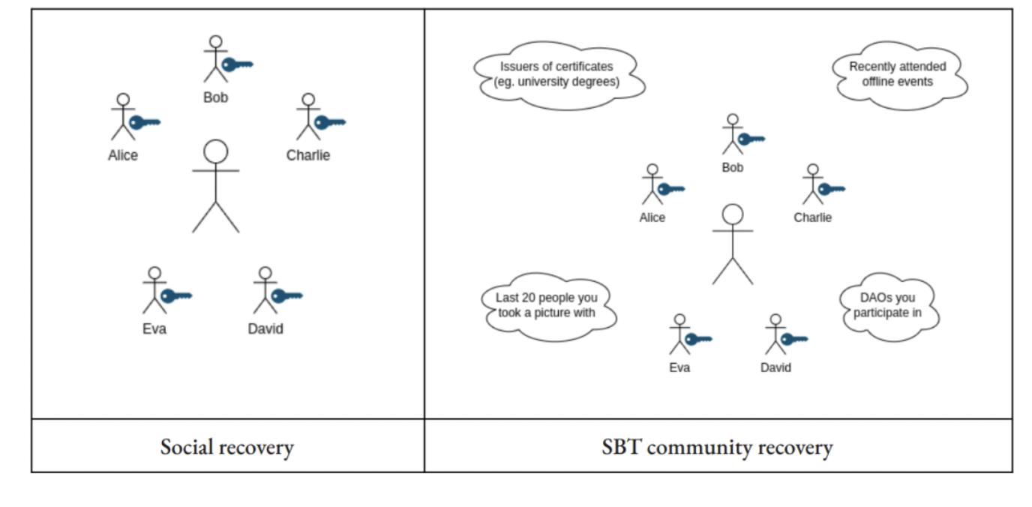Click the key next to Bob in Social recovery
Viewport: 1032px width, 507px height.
237,64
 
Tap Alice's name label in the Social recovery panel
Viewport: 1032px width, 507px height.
123,156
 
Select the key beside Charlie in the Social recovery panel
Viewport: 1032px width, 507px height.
329,122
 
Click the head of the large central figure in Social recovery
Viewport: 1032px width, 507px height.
216,151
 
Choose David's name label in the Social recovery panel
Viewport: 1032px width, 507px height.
265,328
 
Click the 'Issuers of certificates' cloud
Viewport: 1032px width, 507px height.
559,73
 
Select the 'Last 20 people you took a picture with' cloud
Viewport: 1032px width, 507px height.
546,305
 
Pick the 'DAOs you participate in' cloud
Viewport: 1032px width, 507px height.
887,305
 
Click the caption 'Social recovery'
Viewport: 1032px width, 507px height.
226,448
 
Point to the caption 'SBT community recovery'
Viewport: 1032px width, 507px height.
717,448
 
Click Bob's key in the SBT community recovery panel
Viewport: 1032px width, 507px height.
751,139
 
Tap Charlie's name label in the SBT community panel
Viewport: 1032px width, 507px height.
813,217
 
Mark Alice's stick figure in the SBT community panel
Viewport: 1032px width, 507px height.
652,184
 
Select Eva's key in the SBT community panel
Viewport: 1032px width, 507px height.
697,339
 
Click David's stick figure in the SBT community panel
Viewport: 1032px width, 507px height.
775,334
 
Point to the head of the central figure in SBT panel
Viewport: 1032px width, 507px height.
733,214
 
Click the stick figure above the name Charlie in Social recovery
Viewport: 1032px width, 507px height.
307,118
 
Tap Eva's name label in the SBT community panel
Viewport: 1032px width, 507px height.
679,367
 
